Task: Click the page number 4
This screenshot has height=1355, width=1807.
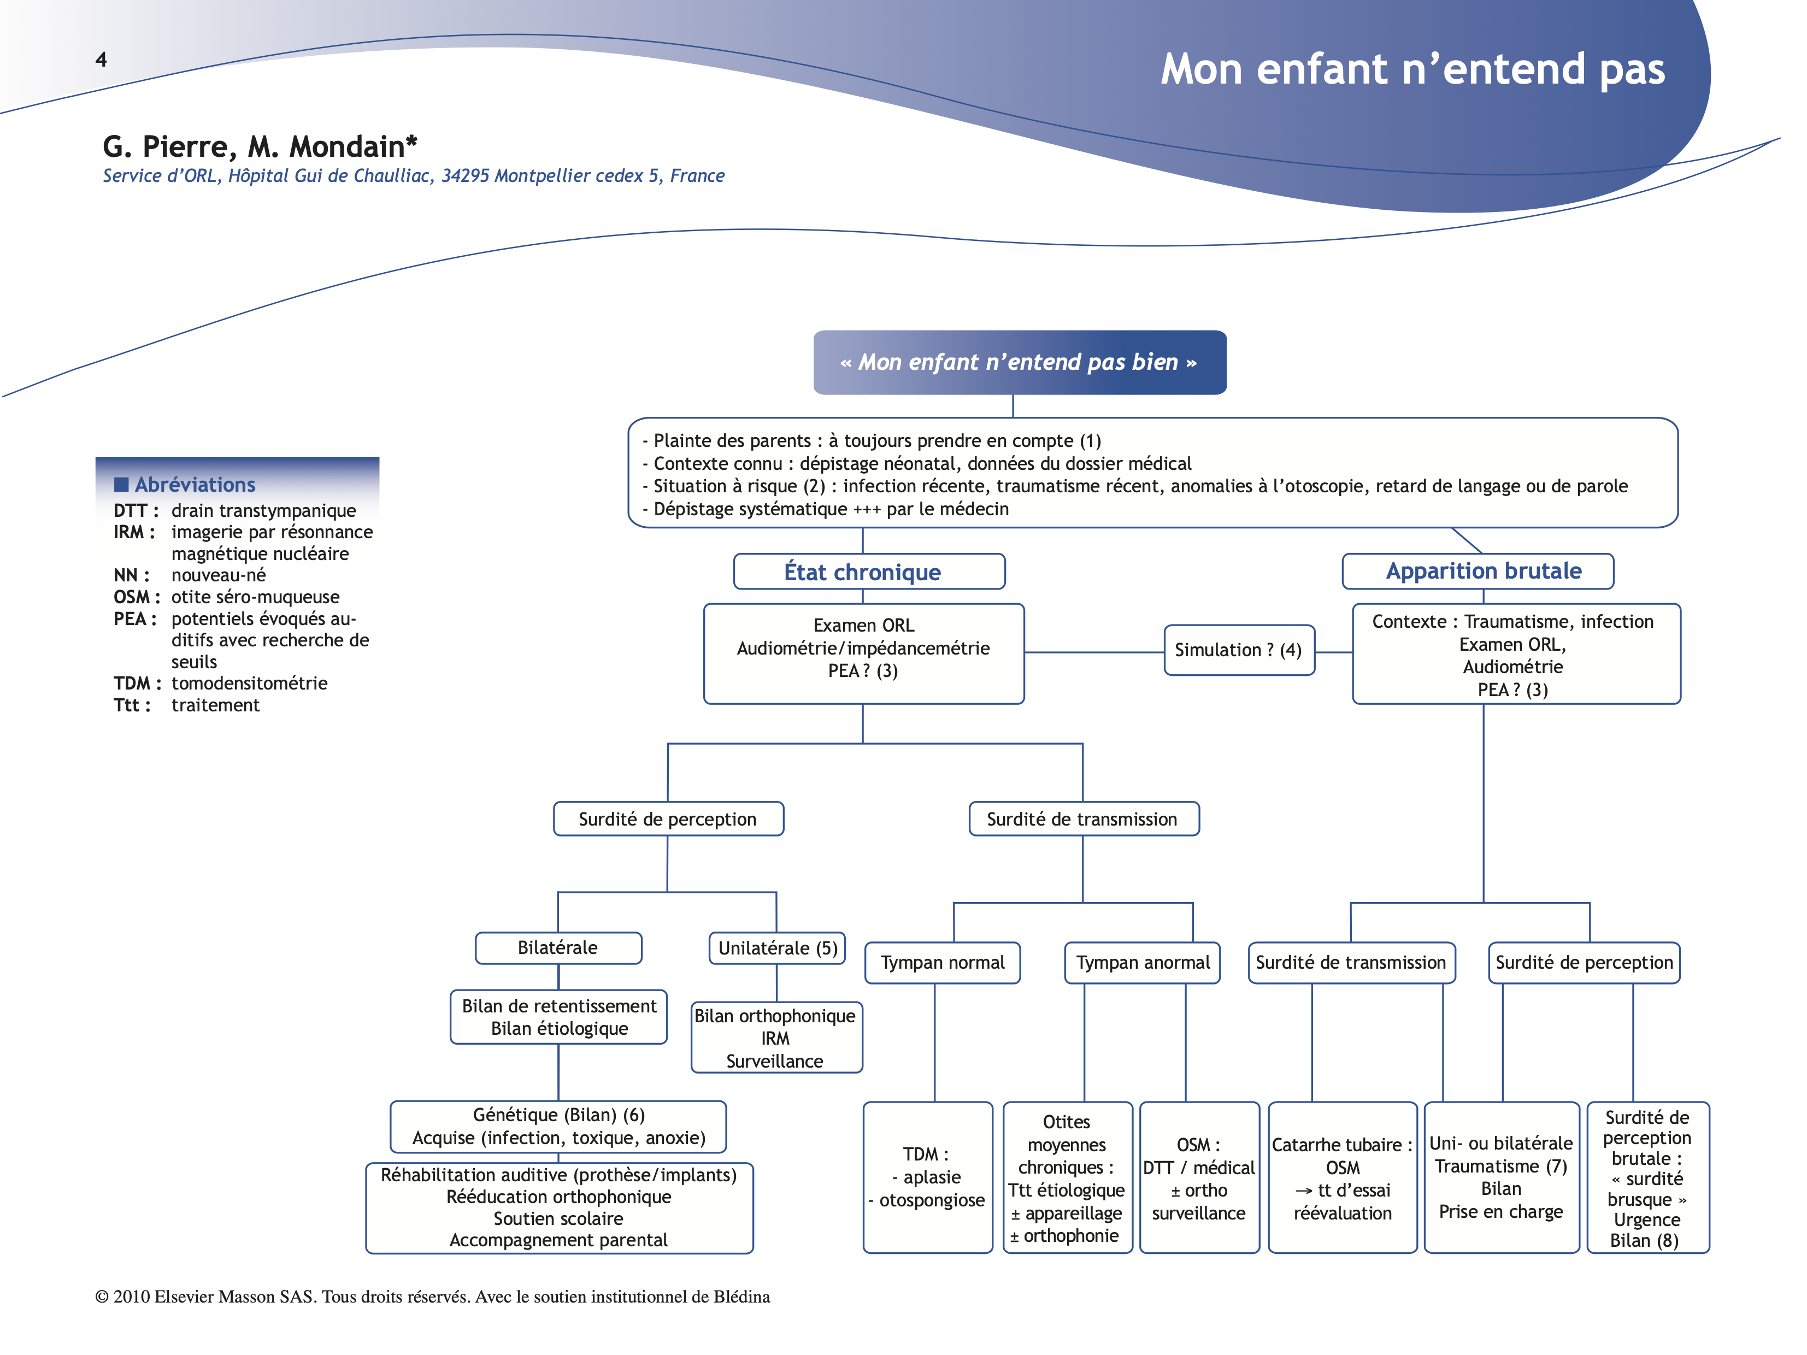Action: (101, 60)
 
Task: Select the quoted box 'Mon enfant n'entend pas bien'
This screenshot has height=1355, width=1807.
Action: (1019, 363)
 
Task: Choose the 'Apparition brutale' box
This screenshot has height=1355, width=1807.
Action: (1477, 571)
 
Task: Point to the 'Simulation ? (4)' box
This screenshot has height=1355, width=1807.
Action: (1238, 650)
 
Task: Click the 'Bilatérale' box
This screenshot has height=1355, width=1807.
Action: (558, 947)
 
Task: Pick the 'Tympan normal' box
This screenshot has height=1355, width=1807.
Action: (942, 962)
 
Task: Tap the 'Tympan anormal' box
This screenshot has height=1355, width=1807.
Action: (1142, 962)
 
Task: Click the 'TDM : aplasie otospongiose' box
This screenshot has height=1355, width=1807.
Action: (927, 1177)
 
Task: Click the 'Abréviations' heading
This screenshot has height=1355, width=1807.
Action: (195, 485)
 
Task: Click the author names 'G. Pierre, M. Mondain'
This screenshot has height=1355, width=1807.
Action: (260, 147)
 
